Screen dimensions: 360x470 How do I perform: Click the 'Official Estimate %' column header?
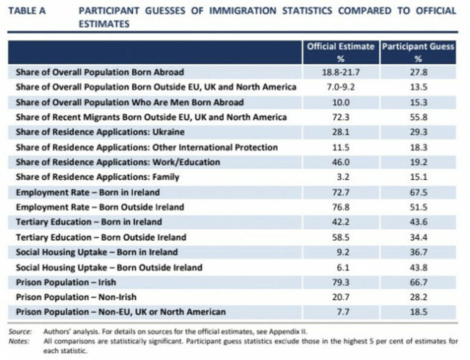[x=341, y=52]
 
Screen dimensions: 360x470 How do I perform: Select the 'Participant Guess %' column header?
[x=418, y=52]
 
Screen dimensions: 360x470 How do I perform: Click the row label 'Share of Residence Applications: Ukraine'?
[x=100, y=132]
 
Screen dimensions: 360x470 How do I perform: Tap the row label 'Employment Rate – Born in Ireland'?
[x=87, y=192]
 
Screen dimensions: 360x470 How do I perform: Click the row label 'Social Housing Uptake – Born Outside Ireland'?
[x=109, y=267]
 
